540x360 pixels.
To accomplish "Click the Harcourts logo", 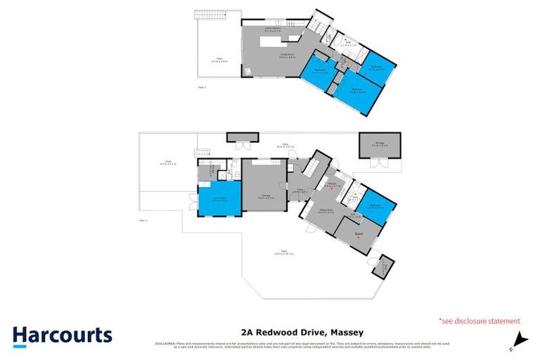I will (x=62, y=335).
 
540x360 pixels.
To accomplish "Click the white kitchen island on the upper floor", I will (x=278, y=42).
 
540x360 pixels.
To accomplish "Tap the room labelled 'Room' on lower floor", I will (x=359, y=231).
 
